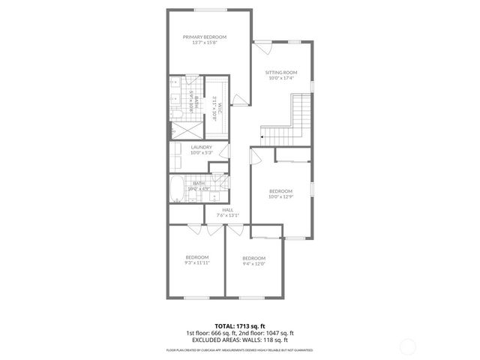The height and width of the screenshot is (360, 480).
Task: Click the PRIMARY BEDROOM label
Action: click(205, 37)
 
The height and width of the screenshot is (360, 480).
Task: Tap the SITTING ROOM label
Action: click(280, 72)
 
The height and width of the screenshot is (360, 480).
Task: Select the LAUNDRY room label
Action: click(201, 147)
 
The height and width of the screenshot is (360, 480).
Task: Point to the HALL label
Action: click(227, 210)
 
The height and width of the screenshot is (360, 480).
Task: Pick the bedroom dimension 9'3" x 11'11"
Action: click(196, 262)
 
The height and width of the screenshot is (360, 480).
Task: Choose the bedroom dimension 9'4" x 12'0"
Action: click(254, 264)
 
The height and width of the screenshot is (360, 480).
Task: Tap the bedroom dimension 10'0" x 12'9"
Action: click(280, 196)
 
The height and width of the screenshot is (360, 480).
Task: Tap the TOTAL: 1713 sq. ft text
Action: click(240, 326)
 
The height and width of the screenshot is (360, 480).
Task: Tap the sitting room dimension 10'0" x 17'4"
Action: click(280, 78)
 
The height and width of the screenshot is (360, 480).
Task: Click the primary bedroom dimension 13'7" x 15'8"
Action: click(205, 43)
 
